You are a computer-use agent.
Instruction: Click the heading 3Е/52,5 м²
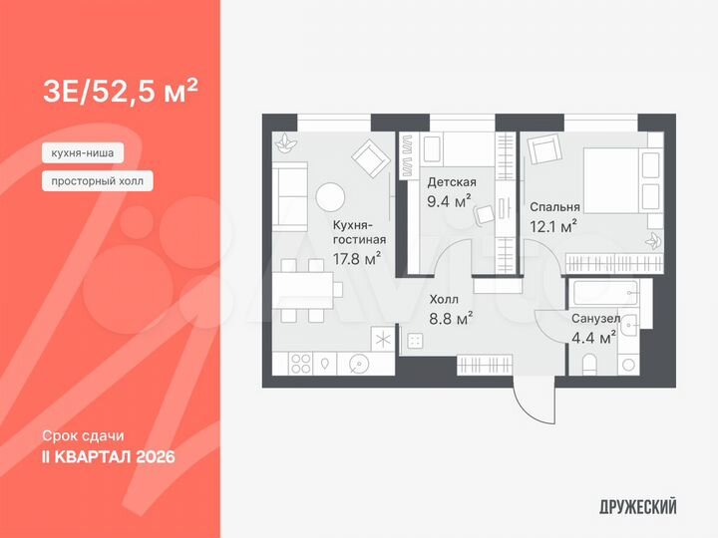point(120,93)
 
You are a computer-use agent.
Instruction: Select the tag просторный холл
point(98,181)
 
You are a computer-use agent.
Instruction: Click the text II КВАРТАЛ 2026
point(109,457)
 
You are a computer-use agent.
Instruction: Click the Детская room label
point(452,182)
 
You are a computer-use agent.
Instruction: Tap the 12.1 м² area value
point(553,227)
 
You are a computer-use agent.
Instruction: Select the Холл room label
point(444,299)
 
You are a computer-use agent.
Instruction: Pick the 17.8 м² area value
point(357,259)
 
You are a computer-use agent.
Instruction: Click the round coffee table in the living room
point(329,197)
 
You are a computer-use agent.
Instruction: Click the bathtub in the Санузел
point(608,295)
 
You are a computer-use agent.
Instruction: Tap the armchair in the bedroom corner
point(545,150)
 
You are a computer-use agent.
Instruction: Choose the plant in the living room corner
point(286,143)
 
